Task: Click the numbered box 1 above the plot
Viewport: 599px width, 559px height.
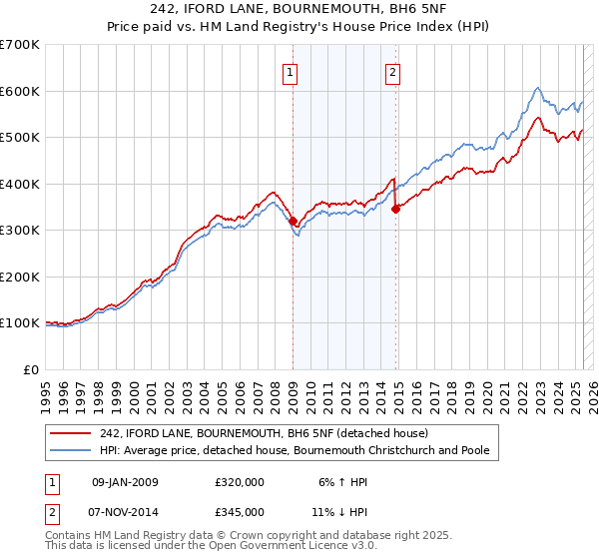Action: (x=290, y=72)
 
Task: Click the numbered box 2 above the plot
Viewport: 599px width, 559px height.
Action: (x=393, y=72)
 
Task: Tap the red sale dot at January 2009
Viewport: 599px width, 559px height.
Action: (x=293, y=222)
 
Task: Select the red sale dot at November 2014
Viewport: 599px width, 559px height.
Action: (x=396, y=209)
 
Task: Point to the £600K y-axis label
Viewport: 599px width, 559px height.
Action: (x=20, y=91)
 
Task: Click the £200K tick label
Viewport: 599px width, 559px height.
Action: (x=20, y=277)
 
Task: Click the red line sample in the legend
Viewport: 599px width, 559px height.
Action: (x=71, y=433)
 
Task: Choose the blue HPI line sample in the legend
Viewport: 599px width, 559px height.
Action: (x=71, y=451)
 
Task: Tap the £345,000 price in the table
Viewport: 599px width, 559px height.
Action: (x=239, y=511)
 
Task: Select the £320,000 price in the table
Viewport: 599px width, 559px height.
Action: (x=239, y=482)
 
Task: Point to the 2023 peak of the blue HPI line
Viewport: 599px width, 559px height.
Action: (x=537, y=88)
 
